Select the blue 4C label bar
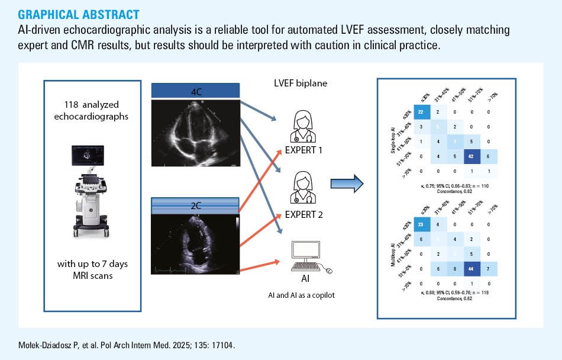[x=195, y=91]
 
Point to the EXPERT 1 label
[x=303, y=150]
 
